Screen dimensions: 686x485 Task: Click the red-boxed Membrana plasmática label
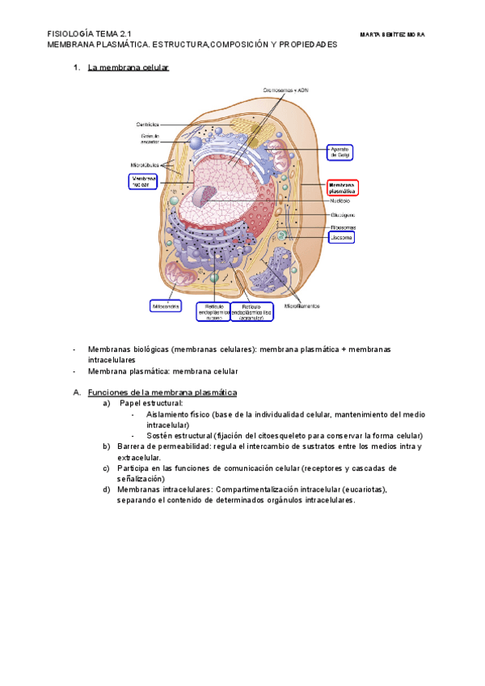pos(341,188)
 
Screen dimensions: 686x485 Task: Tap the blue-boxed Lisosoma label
pos(340,238)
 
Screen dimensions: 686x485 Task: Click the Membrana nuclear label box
pos(143,181)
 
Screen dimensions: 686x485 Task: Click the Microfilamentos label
pos(302,307)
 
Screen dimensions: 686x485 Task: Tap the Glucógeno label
pos(343,215)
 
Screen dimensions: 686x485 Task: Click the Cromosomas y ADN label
pos(285,90)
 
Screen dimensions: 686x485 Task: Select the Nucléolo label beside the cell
pos(339,201)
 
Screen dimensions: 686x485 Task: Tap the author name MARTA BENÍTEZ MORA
pos(392,35)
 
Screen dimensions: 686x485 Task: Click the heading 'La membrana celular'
pos(128,68)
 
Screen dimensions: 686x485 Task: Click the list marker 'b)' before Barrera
pos(107,446)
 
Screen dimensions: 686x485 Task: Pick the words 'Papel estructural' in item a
pos(151,403)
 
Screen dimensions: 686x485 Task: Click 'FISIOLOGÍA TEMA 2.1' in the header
pos(89,34)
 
